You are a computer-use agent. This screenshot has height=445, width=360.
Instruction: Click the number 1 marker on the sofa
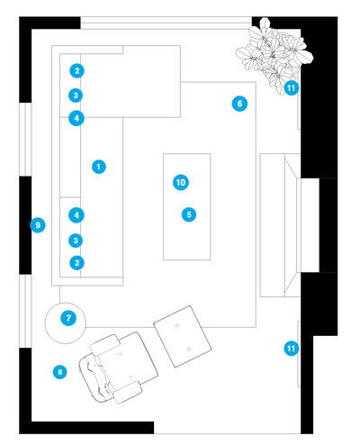(99, 167)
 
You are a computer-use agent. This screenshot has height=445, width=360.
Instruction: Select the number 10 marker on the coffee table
(181, 182)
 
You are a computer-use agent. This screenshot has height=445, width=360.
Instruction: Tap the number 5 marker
(189, 214)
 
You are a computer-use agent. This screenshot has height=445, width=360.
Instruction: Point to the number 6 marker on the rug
(239, 104)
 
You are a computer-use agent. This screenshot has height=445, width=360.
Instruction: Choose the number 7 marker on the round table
(68, 318)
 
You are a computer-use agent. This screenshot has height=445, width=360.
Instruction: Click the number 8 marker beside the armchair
(60, 372)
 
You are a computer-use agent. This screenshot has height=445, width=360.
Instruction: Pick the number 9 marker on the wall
(38, 225)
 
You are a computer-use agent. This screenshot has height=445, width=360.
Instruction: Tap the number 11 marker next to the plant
(291, 88)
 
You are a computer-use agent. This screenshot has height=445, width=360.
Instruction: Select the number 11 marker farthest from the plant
(291, 349)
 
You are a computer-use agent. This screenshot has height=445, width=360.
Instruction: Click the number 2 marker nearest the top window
(77, 71)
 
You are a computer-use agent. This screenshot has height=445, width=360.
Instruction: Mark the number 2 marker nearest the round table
(77, 263)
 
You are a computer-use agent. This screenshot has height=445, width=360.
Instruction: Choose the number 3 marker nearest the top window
(76, 95)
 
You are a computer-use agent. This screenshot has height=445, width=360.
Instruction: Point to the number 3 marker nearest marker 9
(76, 241)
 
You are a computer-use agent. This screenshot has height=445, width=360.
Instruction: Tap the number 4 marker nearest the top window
(76, 118)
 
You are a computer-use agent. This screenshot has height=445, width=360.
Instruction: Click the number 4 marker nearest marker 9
(76, 215)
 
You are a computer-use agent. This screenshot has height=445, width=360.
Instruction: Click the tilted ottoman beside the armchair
(183, 336)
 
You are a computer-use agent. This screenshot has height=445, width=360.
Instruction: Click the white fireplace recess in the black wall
(308, 225)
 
